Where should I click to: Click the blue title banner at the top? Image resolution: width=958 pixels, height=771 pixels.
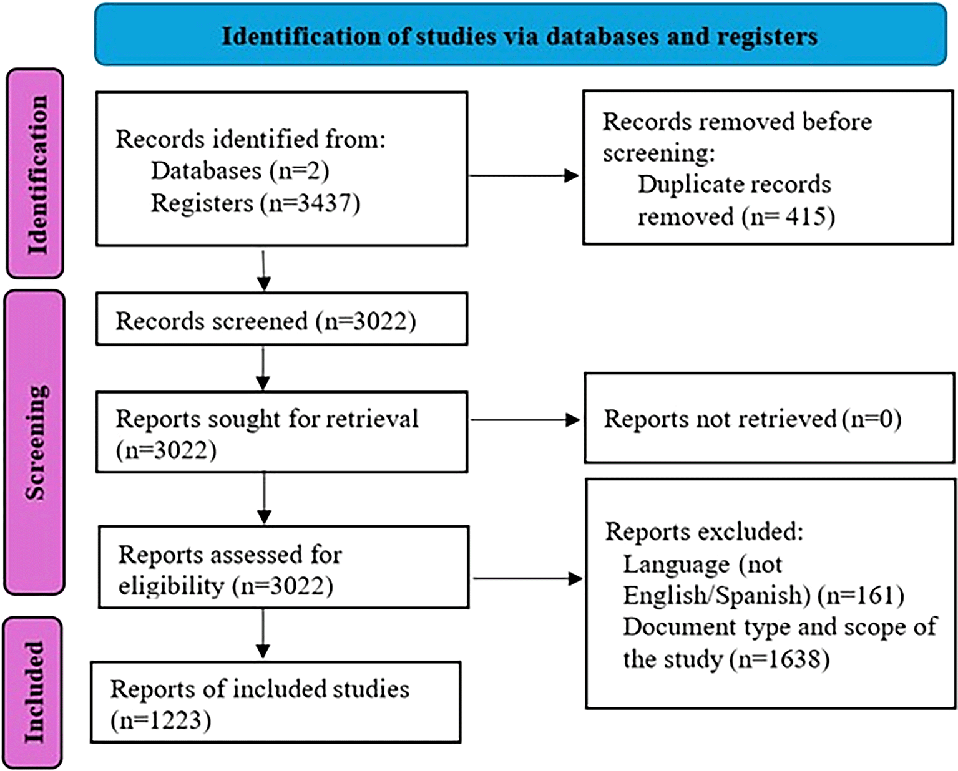coord(521,35)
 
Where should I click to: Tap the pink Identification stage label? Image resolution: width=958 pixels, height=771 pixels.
coord(35,173)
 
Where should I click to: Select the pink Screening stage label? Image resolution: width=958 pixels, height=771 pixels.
coord(35,442)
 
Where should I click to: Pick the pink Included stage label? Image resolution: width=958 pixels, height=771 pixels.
coord(33,692)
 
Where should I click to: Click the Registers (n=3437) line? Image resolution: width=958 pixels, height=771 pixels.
coord(255,204)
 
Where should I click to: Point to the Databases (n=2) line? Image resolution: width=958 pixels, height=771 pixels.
coord(240,171)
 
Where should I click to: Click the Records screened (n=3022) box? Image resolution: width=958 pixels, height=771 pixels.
coord(282,319)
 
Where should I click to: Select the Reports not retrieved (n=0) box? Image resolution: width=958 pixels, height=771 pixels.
coord(770,418)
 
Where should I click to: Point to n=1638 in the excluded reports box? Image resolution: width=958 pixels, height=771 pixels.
coord(783,659)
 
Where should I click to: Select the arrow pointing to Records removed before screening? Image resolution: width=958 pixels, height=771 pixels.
coord(524,175)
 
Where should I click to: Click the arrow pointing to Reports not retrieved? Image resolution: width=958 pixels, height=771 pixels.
coord(525,420)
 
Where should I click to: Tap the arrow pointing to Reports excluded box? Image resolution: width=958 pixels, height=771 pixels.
coord(527,578)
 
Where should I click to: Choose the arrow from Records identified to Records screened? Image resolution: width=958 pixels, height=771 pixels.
coord(263,271)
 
